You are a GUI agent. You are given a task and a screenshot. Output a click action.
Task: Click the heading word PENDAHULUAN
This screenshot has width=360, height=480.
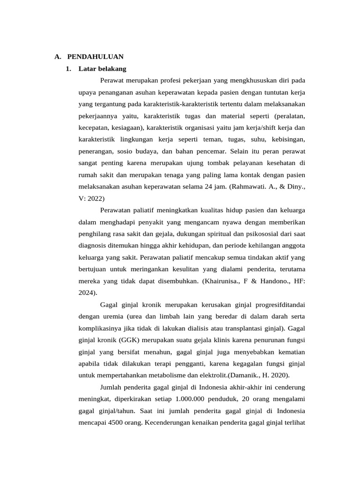96,57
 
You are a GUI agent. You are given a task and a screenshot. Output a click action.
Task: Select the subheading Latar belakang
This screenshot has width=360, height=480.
103,69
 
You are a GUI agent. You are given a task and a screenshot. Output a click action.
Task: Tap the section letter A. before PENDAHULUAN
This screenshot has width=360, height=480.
58,57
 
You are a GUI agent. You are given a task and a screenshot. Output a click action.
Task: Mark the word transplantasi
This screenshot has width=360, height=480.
247,328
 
